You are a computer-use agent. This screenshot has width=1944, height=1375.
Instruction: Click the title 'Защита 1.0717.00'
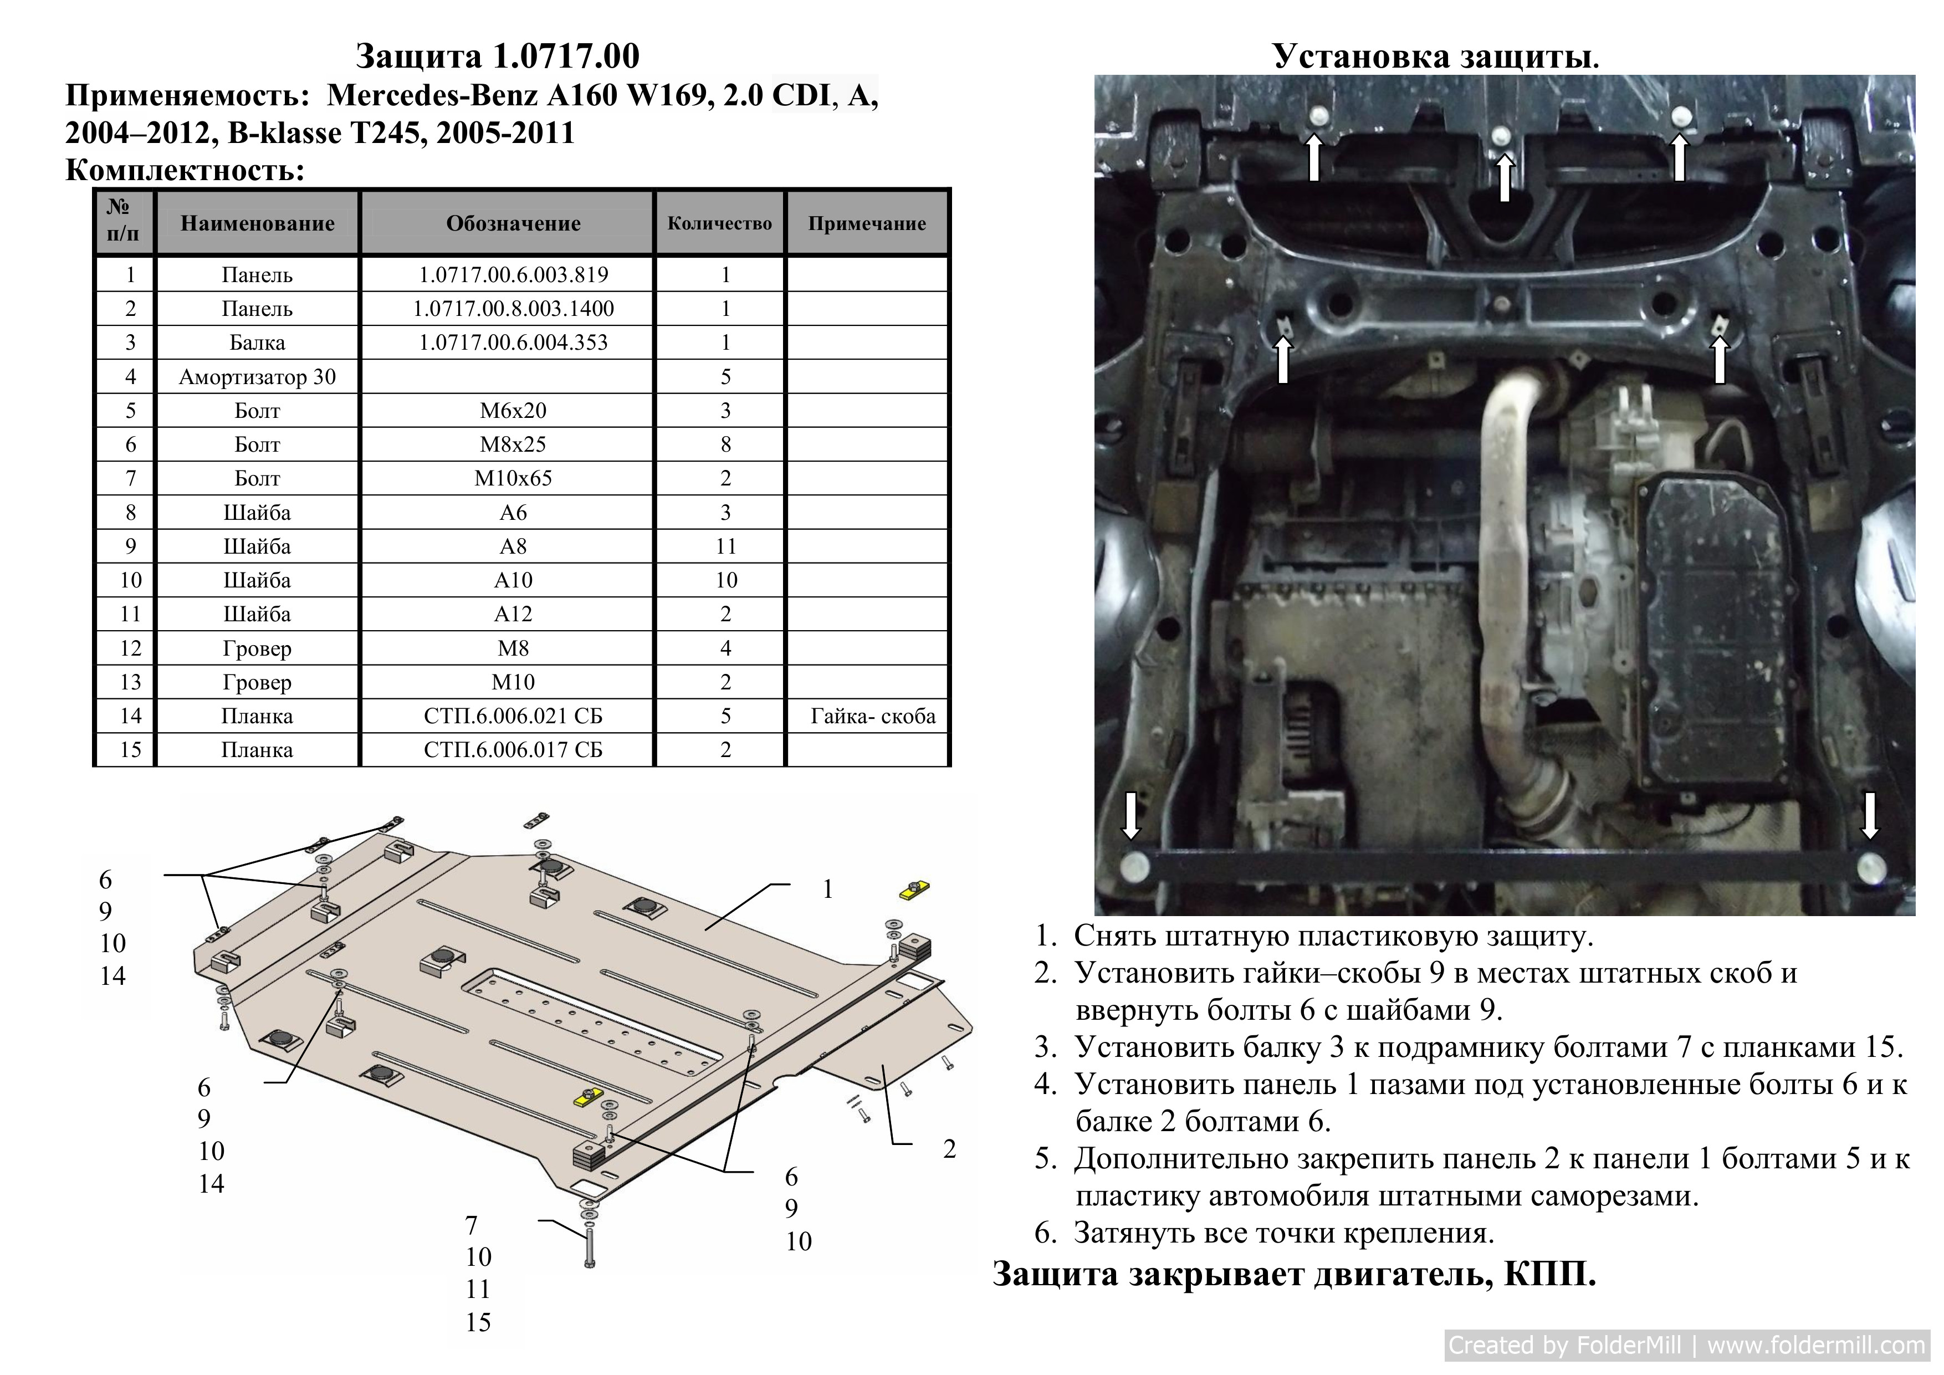pyautogui.click(x=497, y=57)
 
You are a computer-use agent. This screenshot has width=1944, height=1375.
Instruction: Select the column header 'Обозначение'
pyautogui.click(x=513, y=223)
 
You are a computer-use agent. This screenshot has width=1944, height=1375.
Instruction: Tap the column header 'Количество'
pyautogui.click(x=720, y=223)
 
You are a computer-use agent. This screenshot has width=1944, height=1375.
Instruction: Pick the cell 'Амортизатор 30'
pyautogui.click(x=257, y=377)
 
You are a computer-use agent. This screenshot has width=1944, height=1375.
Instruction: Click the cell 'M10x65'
pyautogui.click(x=513, y=478)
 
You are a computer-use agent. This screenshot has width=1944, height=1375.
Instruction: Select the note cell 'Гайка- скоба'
pyautogui.click(x=873, y=716)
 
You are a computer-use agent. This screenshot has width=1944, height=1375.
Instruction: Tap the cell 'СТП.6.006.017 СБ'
pyautogui.click(x=513, y=750)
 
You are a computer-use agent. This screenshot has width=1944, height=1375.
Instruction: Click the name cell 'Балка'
pyautogui.click(x=257, y=343)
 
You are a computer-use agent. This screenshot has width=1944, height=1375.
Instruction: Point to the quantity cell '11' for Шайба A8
pyautogui.click(x=725, y=546)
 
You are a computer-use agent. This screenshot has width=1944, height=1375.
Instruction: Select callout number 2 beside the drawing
pyautogui.click(x=949, y=1149)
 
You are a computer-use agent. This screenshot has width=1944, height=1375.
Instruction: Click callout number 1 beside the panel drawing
pyautogui.click(x=828, y=889)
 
